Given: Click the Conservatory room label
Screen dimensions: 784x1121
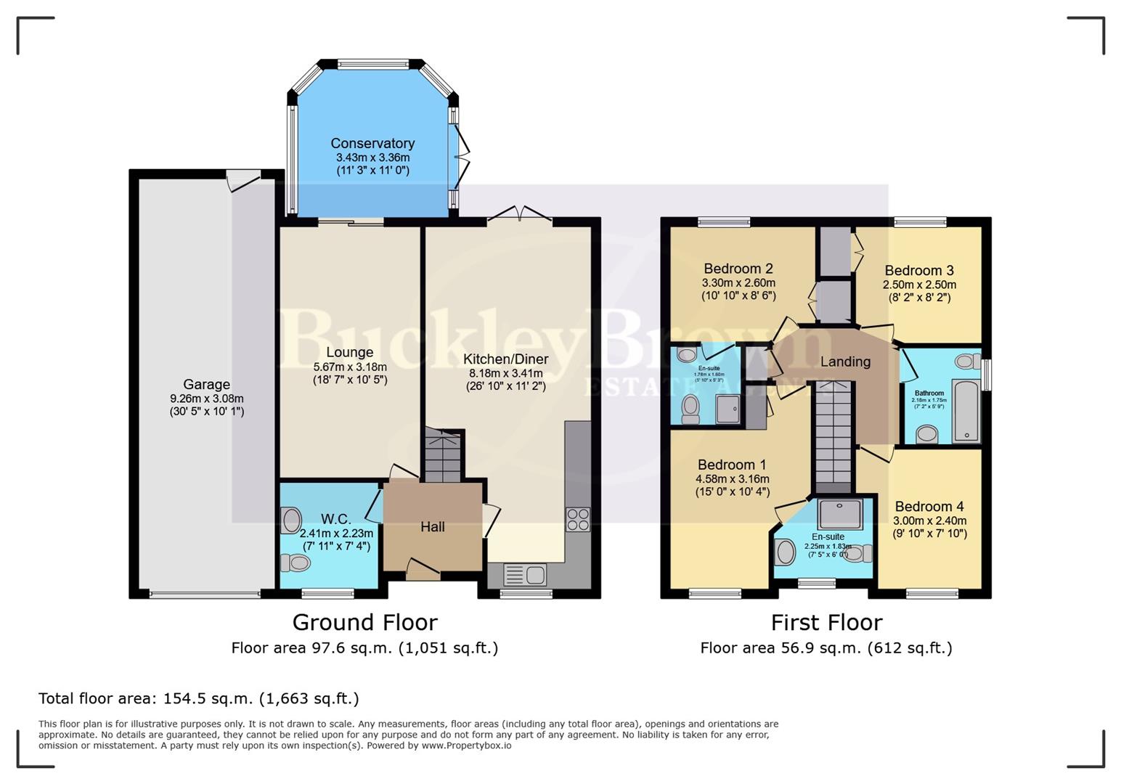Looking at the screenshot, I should (372, 144).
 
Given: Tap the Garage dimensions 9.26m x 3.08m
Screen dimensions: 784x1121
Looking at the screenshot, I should (206, 399).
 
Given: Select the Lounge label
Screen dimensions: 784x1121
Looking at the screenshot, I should (349, 353).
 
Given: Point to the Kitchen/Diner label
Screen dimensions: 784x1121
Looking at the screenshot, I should (505, 359).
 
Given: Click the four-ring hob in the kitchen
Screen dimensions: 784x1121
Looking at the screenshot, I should (578, 519).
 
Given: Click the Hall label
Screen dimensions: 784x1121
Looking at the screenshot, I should (432, 527).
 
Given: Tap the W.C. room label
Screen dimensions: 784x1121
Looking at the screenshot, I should (335, 519).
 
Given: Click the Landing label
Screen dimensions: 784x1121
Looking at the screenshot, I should (845, 362).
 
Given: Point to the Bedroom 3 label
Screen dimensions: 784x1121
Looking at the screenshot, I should (919, 271).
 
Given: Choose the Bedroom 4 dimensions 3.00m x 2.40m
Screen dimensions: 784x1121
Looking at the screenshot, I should (929, 520).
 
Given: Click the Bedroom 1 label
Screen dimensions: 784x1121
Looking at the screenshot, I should (732, 465).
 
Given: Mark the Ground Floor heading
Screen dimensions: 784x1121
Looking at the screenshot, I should (364, 622).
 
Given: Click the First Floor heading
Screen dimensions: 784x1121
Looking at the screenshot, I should (826, 622).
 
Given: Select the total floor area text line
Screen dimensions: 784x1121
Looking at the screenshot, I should (199, 698).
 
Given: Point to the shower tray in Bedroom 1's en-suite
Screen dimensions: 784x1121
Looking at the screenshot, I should (839, 514).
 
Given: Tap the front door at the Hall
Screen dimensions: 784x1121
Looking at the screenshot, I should (423, 570).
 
